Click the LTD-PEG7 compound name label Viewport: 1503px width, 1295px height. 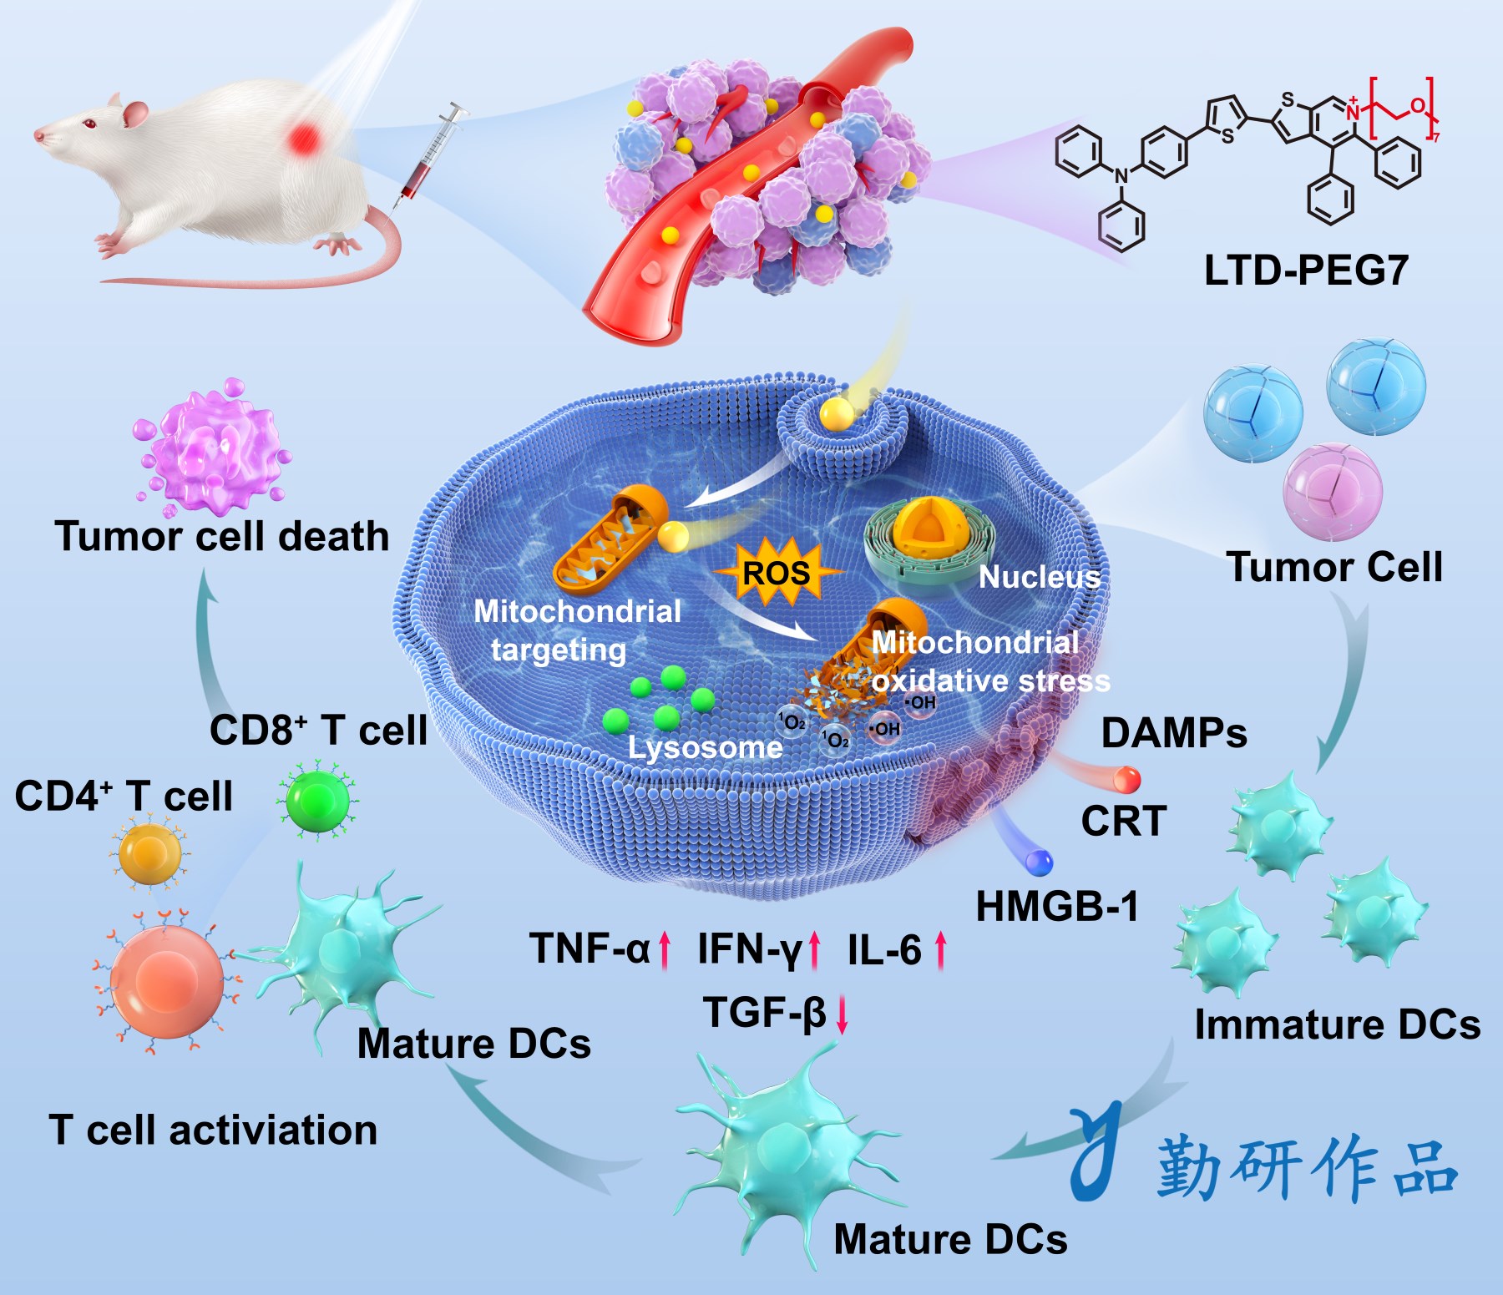click(x=1306, y=271)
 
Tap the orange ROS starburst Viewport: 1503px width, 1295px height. click(x=777, y=572)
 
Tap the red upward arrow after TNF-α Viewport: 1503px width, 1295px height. click(x=665, y=950)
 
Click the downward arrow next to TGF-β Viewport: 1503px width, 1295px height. click(x=842, y=1014)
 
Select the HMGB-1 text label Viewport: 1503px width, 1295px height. click(x=1057, y=907)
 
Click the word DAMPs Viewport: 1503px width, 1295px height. click(x=1174, y=733)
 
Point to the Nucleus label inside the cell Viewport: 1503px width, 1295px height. click(x=1039, y=577)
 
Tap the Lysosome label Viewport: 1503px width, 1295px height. click(x=705, y=747)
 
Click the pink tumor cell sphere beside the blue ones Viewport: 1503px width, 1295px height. click(x=1333, y=491)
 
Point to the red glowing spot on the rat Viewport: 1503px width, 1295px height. click(x=306, y=137)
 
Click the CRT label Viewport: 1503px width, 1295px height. click(x=1123, y=821)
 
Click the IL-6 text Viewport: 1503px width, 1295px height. click(x=884, y=950)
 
